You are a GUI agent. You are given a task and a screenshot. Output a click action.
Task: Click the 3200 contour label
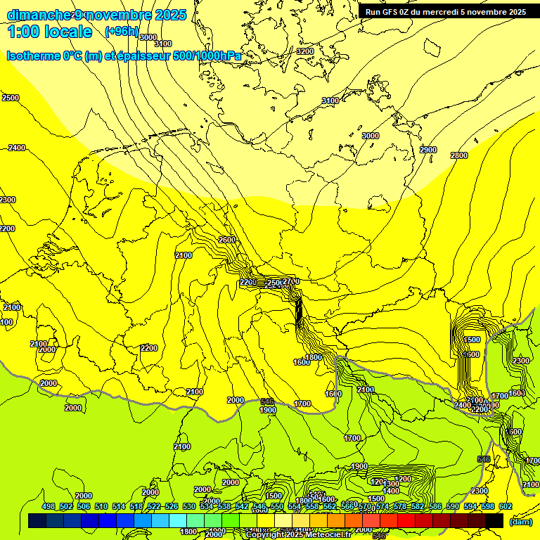click(304, 51)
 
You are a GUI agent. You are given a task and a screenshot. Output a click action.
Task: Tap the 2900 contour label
click(427, 150)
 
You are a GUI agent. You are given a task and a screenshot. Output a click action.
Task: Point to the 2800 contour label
click(458, 155)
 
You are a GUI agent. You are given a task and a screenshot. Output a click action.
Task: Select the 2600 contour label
click(227, 240)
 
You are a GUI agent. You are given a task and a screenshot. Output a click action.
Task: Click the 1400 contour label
click(391, 491)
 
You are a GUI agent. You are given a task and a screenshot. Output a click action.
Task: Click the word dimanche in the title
click(39, 15)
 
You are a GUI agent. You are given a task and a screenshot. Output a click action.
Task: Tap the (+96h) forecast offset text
click(122, 32)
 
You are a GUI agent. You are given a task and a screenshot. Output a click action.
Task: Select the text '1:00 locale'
click(50, 32)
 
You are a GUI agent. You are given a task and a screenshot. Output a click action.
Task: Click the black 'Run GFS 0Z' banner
click(445, 11)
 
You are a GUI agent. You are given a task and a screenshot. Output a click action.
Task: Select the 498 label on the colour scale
click(49, 506)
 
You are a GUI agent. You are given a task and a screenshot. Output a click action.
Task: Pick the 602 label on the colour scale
click(505, 506)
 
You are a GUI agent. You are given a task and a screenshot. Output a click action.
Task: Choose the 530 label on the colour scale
click(189, 506)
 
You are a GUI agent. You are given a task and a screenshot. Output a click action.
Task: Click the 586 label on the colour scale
click(435, 506)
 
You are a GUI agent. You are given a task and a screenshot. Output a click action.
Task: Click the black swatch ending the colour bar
click(494, 521)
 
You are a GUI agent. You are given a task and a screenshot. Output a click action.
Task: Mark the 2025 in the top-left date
click(170, 15)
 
